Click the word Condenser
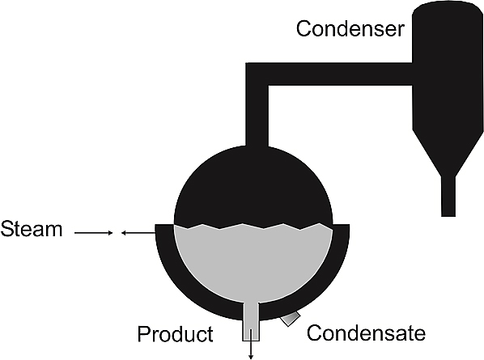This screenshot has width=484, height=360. point(350,28)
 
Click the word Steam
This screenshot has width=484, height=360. point(32,229)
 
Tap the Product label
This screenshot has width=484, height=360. point(175,334)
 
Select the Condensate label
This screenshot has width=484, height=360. point(366,332)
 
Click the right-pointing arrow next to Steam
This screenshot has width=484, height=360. point(94,233)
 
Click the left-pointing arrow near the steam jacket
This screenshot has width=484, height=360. point(138,233)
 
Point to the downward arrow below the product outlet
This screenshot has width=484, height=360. point(251,344)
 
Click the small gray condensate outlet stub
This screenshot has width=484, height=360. point(290,319)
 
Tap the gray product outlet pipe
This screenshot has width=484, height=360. point(251,321)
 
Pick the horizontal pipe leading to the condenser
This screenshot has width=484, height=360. point(340,74)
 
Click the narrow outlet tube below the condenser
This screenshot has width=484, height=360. point(448,197)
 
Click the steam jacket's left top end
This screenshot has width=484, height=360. point(164,229)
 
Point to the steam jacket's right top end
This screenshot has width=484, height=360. point(341,229)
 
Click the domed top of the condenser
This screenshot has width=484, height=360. point(448,9)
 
